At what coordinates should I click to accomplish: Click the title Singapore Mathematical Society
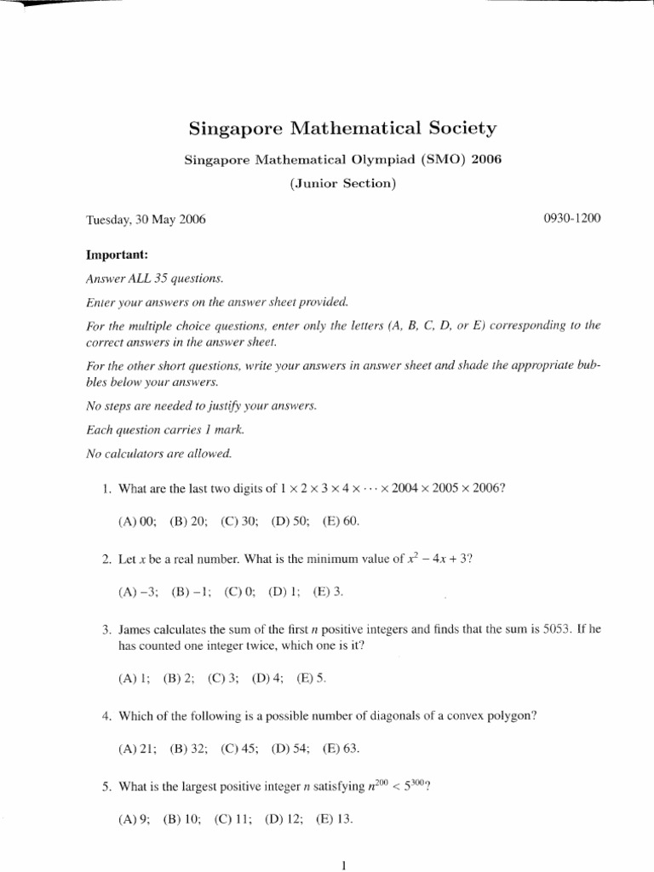click(x=341, y=129)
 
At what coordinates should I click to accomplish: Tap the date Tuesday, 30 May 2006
click(x=146, y=219)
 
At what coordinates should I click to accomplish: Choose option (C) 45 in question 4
click(x=239, y=749)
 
